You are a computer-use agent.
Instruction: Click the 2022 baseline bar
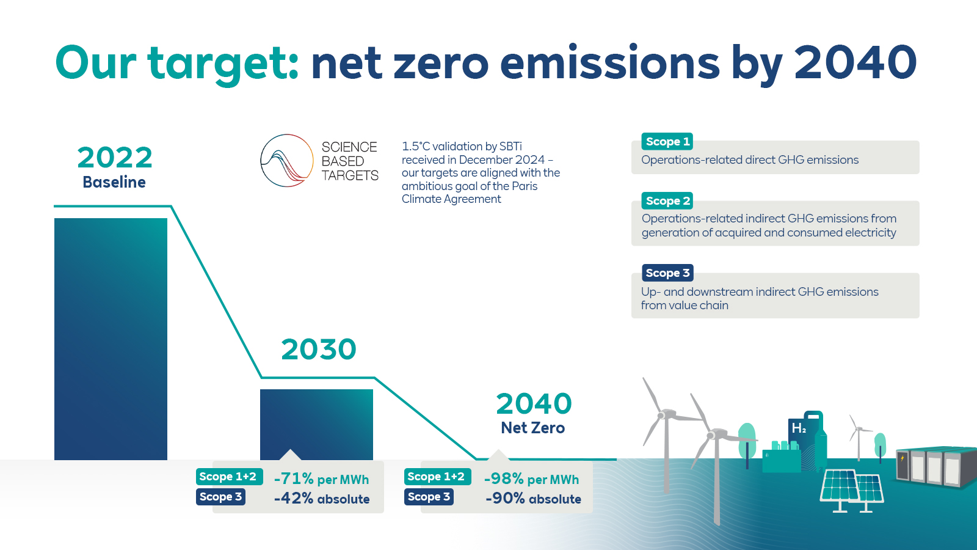pos(111,339)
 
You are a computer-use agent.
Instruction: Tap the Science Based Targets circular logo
pos(287,161)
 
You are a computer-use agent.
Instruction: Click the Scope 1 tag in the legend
pos(667,141)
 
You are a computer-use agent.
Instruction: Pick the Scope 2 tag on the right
pos(667,200)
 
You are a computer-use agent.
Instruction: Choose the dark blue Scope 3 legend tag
pos(667,273)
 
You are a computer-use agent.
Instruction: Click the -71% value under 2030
pos(294,479)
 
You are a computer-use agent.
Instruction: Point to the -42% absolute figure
pos(294,499)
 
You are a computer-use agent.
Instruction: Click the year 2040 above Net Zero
pos(534,404)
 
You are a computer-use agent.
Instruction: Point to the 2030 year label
pos(318,350)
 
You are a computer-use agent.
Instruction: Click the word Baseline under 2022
pos(114,182)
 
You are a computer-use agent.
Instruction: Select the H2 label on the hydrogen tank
pos(799,428)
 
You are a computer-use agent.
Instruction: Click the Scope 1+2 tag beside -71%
pos(228,477)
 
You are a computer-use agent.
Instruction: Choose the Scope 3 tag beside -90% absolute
pos(429,497)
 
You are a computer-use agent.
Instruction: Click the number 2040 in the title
pos(855,62)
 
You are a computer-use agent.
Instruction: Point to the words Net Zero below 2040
pos(532,428)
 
